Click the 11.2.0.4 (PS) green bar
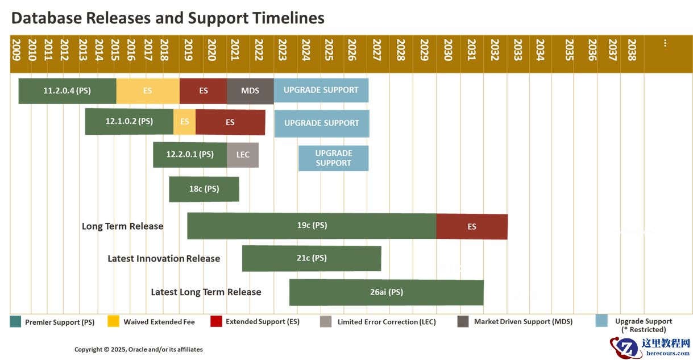[67, 90]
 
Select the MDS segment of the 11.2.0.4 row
[250, 90]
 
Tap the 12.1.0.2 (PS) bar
[129, 121]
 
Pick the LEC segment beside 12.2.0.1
[243, 155]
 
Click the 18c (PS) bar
[204, 189]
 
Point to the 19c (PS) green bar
[312, 225]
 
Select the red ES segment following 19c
[472, 226]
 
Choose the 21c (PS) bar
[312, 258]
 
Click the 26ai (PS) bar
[386, 292]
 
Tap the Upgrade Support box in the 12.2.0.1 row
[333, 158]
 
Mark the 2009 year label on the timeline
[16, 49]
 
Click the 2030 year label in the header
[448, 49]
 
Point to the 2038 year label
[632, 49]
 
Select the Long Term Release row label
[122, 226]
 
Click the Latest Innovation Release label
[164, 259]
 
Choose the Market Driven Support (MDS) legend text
[523, 321]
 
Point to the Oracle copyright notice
[138, 349]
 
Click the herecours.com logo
[650, 347]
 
